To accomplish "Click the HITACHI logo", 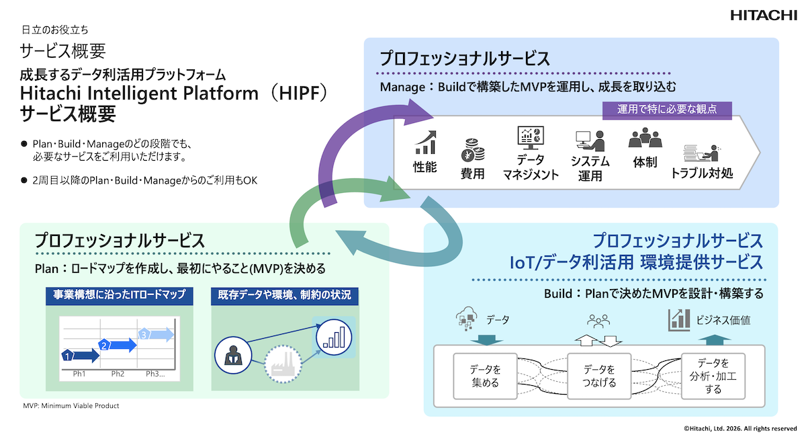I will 764,15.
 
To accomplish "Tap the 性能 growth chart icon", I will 425,142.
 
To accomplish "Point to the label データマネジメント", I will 531,167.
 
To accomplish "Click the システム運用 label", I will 590,168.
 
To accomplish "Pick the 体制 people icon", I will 645,138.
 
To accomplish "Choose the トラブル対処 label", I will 702,173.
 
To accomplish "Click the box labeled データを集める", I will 486,376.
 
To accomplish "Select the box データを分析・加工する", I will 713,376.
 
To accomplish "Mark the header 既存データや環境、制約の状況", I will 283,294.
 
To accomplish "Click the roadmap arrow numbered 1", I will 79,355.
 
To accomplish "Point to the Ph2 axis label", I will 118,374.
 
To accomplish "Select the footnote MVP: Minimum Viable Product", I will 71,406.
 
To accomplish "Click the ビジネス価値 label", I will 723,321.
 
